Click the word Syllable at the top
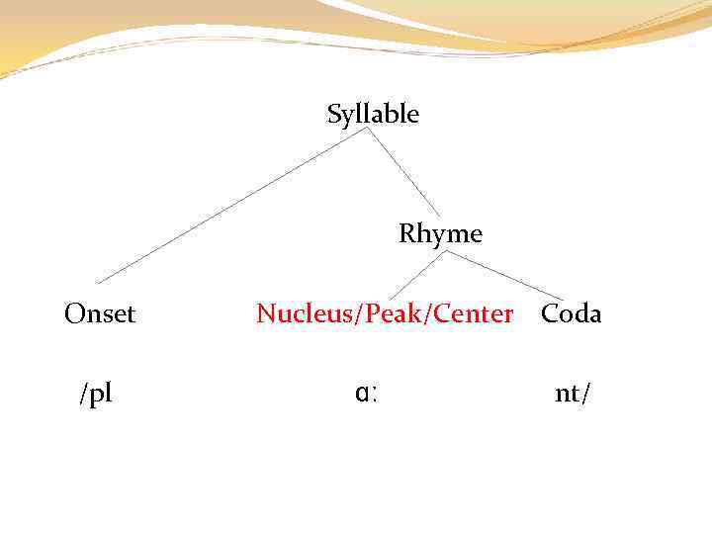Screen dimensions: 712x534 coord(373,115)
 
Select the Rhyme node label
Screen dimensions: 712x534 coord(440,234)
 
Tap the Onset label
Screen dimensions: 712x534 coord(100,314)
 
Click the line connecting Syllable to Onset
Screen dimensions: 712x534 coord(227,208)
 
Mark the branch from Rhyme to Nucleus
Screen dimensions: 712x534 coord(417,274)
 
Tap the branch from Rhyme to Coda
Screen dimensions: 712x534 coord(504,274)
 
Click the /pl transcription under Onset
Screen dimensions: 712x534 coord(96,394)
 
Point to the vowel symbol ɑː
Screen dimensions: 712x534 coord(368,394)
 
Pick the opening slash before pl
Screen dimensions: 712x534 coord(83,394)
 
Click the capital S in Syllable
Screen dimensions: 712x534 coord(334,115)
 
